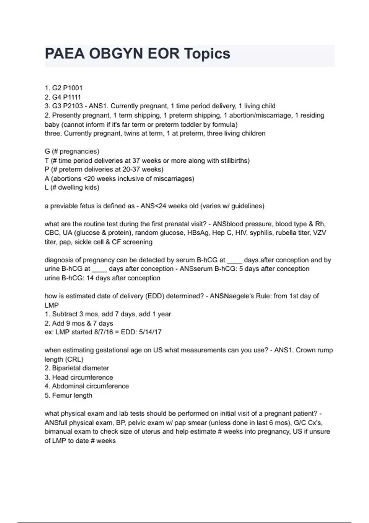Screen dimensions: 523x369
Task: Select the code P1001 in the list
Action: click(x=73, y=88)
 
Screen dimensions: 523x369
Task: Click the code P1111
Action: click(x=72, y=97)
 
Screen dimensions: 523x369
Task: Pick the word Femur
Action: click(x=62, y=395)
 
